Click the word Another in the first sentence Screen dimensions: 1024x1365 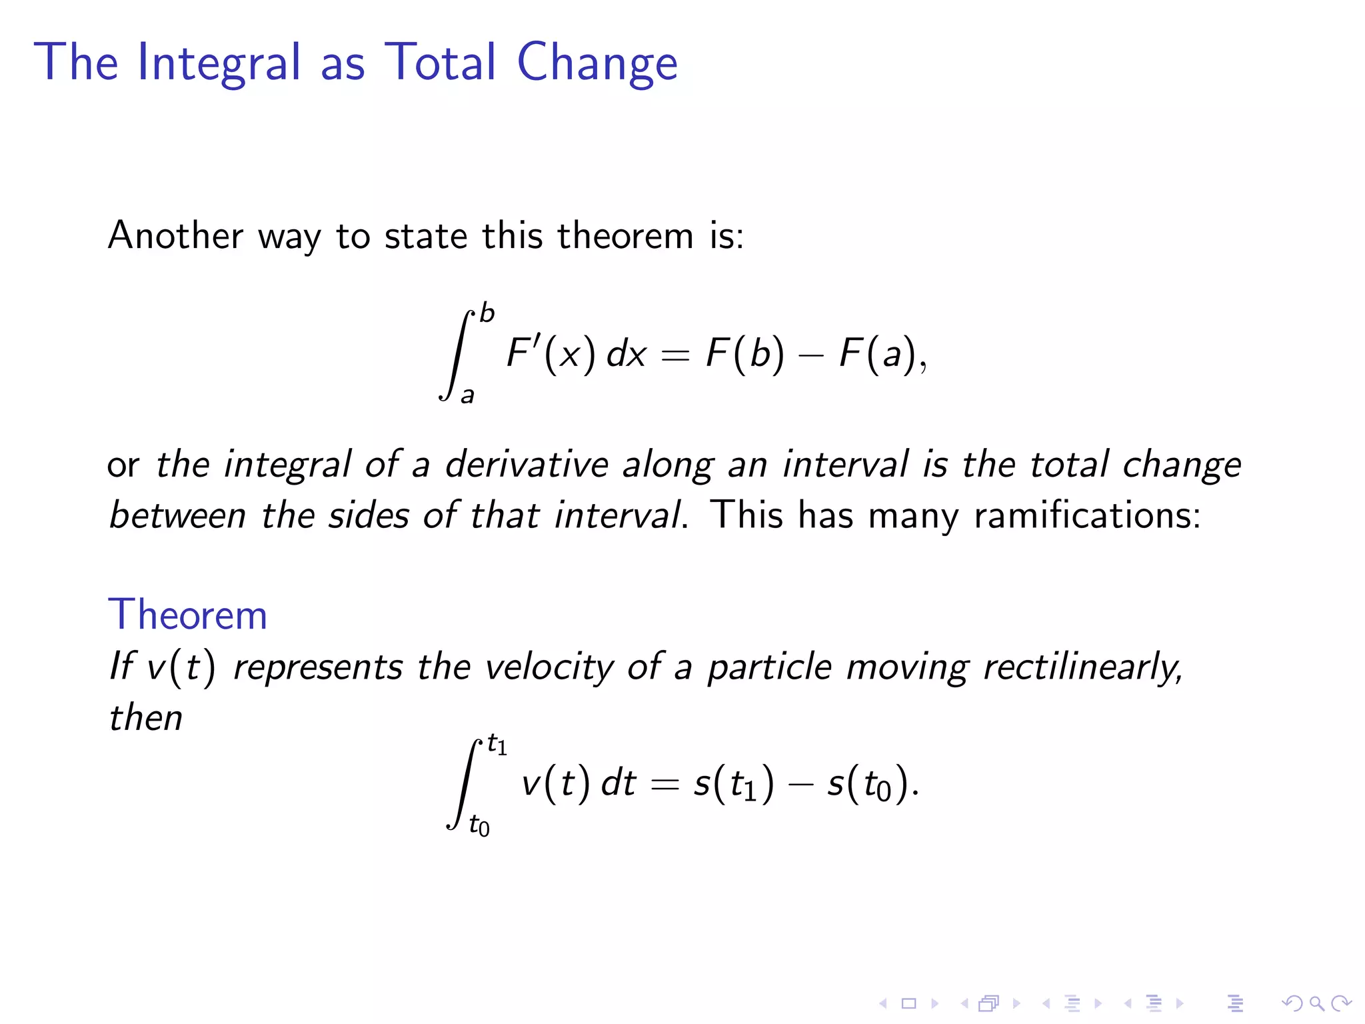(176, 235)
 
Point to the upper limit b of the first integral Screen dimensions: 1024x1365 (487, 313)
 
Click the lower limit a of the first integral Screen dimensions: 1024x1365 (468, 395)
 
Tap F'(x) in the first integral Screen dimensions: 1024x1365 (551, 353)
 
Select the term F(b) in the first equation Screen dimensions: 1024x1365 (744, 353)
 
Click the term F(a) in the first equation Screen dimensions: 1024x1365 (878, 353)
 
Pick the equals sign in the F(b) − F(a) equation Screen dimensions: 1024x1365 (675, 356)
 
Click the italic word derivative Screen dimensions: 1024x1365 (527, 464)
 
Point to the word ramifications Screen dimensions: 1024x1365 (1086, 515)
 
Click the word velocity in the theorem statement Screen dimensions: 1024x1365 (549, 667)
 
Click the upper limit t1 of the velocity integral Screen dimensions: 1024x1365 (497, 745)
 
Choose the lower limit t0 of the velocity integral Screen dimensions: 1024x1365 (479, 826)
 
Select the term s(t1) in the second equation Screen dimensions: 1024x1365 (734, 783)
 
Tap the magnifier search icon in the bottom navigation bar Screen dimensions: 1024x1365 (1316, 1003)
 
